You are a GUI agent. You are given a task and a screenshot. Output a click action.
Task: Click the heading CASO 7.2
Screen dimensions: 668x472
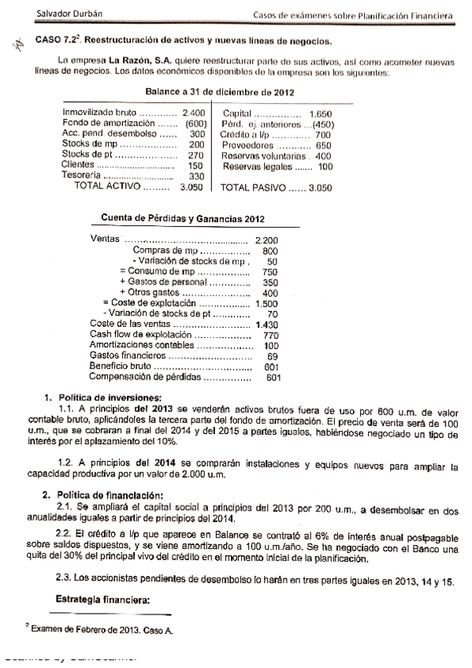54,41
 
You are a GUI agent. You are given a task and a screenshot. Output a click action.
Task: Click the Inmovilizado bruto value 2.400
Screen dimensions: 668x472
194,114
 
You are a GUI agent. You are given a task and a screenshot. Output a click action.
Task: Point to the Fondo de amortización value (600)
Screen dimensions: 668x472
194,124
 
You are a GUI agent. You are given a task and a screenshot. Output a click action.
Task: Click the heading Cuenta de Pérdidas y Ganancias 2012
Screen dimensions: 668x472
183,218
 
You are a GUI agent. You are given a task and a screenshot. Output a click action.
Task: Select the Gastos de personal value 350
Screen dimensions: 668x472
270,281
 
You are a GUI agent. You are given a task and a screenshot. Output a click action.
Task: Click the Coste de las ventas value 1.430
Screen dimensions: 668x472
268,324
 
